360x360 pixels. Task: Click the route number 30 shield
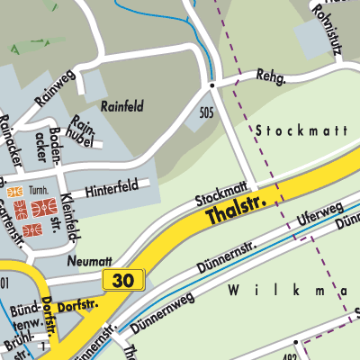[x=122, y=281]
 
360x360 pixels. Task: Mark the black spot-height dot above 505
[x=212, y=85]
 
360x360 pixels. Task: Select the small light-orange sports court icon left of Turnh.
[x=13, y=192]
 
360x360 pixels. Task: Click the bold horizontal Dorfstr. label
[x=76, y=307]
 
